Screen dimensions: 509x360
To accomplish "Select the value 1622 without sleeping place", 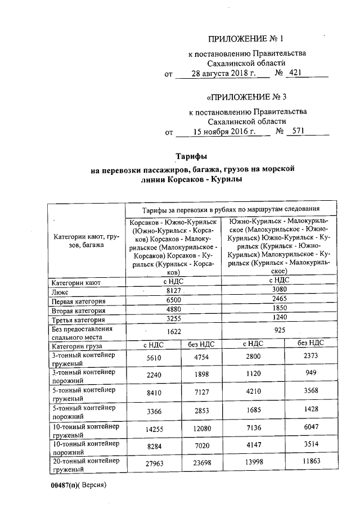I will [174, 332].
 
